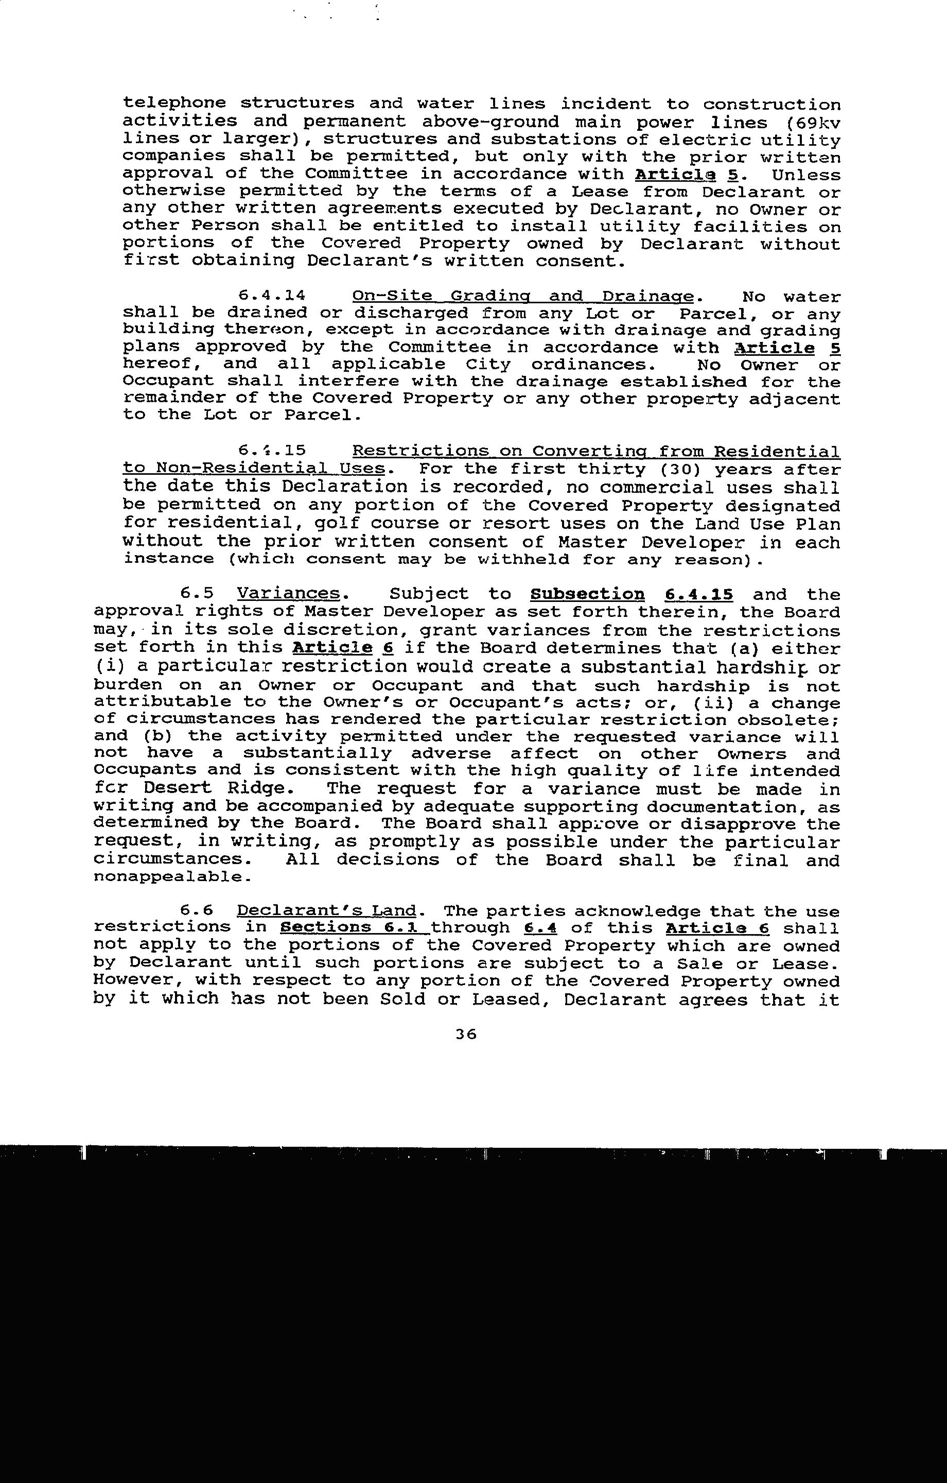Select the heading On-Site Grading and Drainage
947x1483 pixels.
click(523, 296)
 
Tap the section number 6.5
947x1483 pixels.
click(197, 594)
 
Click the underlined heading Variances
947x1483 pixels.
click(288, 594)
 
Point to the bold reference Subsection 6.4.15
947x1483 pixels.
click(631, 595)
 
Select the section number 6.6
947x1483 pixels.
click(197, 911)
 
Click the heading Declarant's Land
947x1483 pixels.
click(326, 911)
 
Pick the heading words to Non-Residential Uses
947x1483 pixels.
click(254, 469)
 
